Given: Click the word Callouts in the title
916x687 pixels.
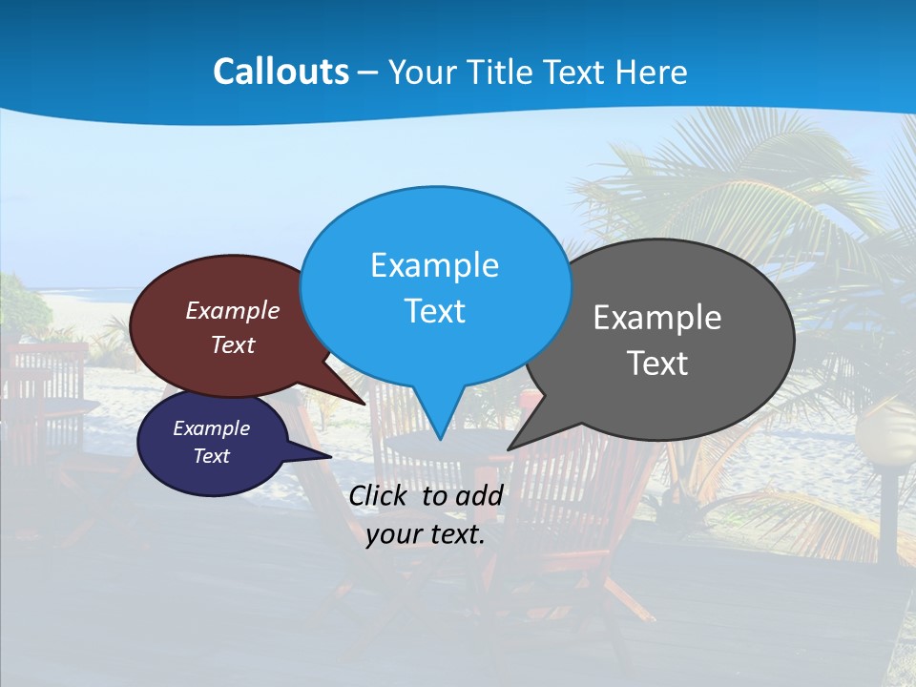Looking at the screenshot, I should (281, 72).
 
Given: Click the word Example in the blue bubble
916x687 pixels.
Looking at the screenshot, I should (434, 265).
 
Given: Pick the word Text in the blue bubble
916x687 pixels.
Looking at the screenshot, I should (434, 311).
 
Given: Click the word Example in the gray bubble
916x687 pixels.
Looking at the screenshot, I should (657, 318).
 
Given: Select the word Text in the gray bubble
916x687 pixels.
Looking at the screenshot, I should (657, 364).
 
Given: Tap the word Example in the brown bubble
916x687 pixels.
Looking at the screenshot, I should (233, 311).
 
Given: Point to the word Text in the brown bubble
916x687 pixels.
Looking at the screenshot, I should (233, 345).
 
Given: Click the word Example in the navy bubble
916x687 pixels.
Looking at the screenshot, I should (212, 428).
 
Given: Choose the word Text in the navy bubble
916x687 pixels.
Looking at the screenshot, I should (212, 456).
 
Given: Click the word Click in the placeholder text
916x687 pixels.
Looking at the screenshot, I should (379, 495).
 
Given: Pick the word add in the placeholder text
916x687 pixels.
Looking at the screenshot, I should (478, 495).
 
